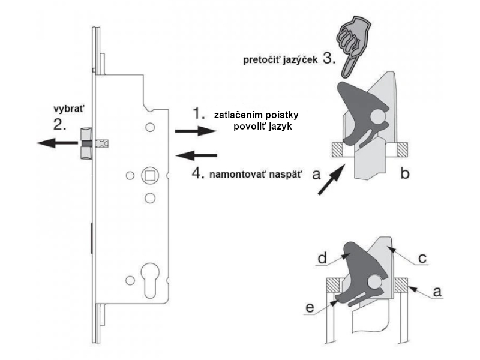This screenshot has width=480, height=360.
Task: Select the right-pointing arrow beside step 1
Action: [187, 130]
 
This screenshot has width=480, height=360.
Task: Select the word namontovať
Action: [239, 175]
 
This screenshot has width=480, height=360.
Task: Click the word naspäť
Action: [287, 175]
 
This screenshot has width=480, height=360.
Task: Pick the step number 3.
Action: [328, 59]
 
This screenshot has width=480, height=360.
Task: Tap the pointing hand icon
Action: [356, 41]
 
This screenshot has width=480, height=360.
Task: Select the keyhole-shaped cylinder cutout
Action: [149, 280]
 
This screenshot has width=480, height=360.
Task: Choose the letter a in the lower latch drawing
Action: [437, 292]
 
